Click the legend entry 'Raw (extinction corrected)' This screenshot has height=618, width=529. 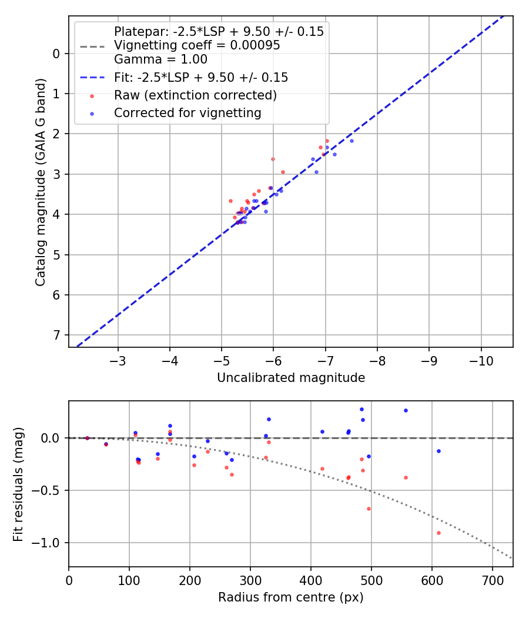click(195, 95)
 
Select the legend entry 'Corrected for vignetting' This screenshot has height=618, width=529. click(188, 113)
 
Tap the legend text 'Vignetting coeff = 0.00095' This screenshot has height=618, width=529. click(197, 45)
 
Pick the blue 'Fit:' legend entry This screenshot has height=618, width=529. click(200, 78)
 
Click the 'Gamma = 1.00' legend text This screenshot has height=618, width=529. click(160, 59)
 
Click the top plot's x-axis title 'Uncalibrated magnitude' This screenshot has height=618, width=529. click(291, 378)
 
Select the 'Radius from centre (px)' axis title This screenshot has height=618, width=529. click(291, 597)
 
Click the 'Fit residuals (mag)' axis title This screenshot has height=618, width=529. click(18, 483)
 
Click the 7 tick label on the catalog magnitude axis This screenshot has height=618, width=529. click(56, 335)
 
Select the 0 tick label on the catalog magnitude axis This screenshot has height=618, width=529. click(56, 54)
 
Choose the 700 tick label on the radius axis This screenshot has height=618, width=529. click(432, 580)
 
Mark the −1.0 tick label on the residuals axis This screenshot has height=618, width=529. click(48, 543)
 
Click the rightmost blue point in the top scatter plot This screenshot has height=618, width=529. click(351, 141)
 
